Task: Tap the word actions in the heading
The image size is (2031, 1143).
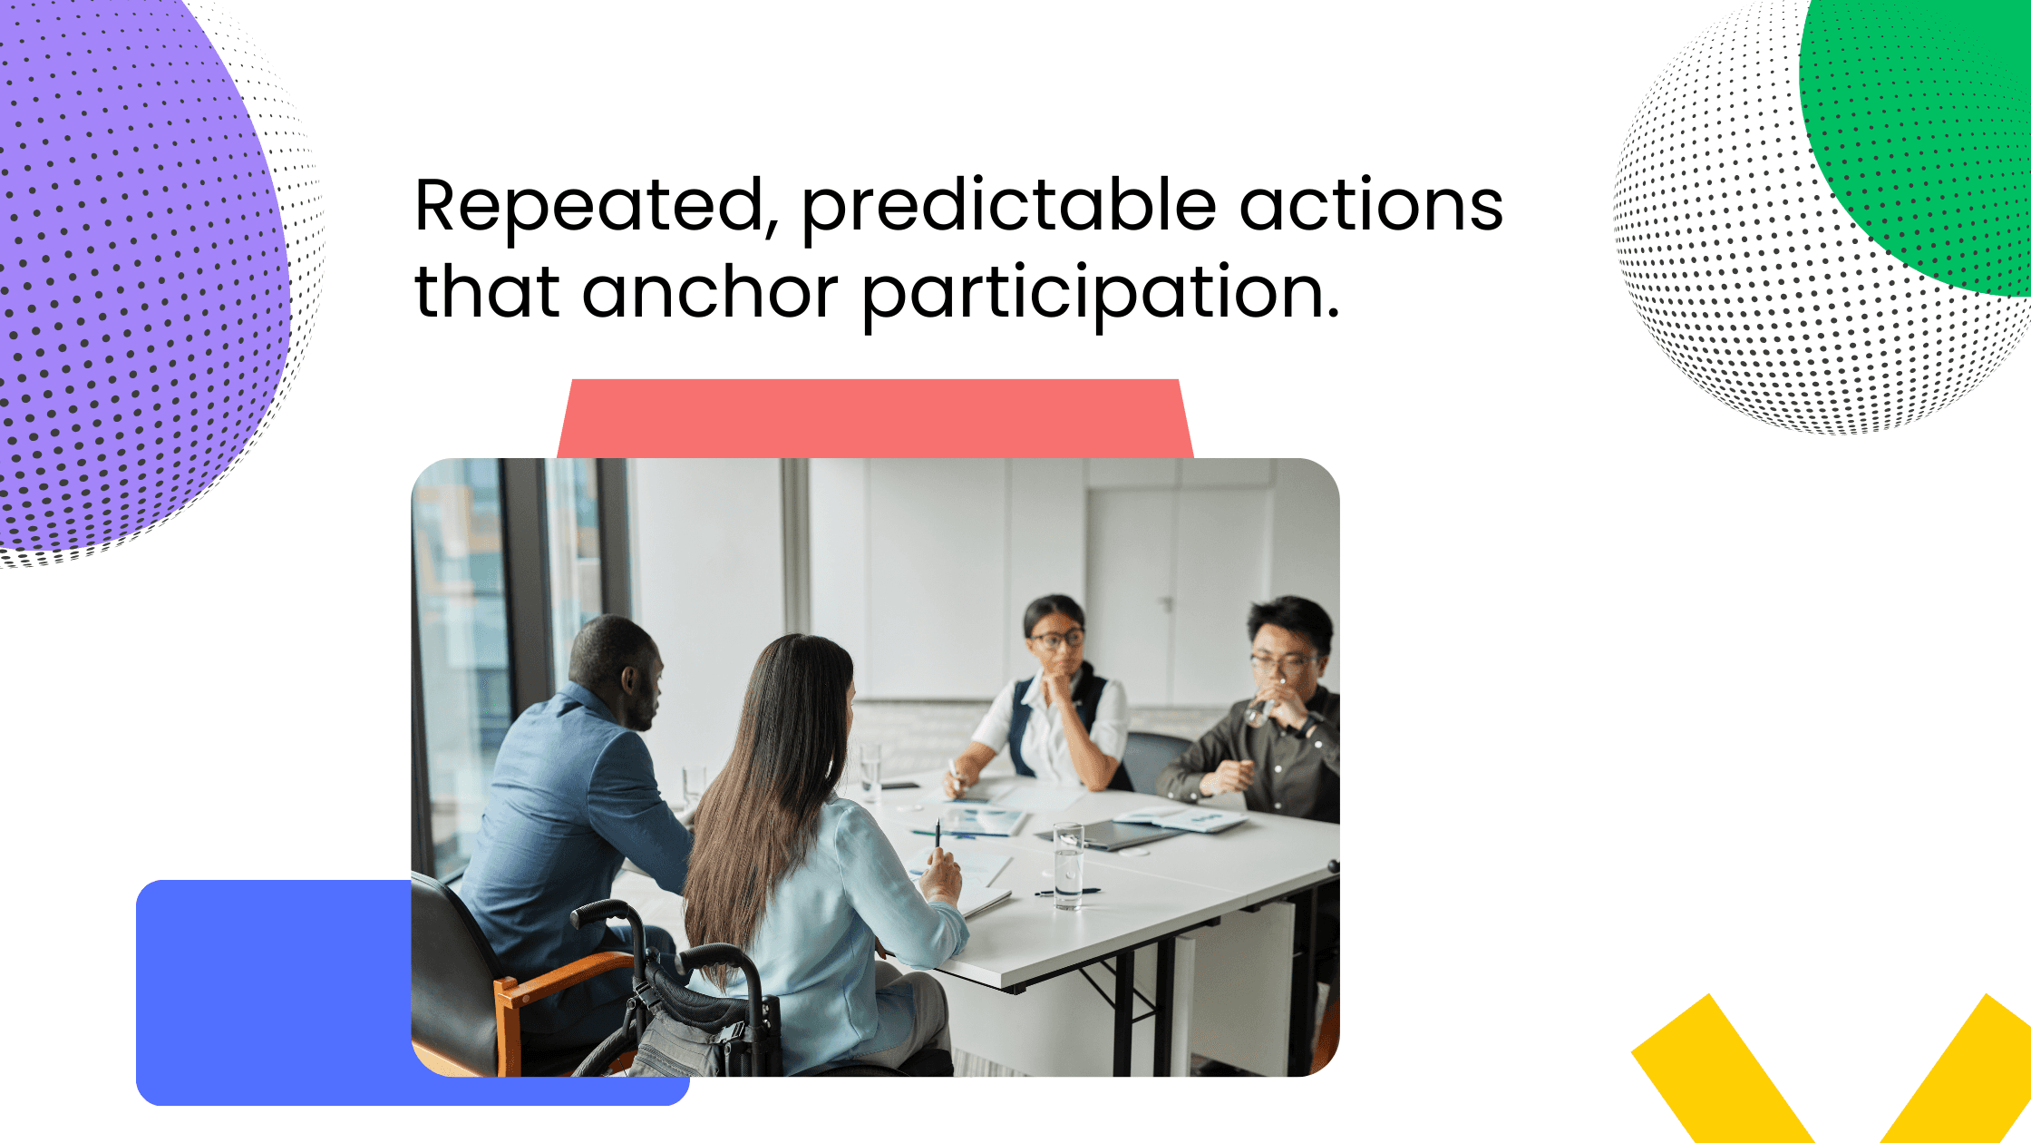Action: point(1371,207)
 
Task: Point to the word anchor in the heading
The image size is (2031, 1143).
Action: point(710,292)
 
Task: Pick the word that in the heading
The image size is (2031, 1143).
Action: point(487,292)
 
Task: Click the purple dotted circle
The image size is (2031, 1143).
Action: point(127,272)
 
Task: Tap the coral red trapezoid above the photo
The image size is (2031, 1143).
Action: point(875,417)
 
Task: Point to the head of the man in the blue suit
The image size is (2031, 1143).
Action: point(617,667)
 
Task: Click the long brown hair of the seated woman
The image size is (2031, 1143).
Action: point(771,780)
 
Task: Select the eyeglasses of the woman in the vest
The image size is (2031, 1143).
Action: point(1057,639)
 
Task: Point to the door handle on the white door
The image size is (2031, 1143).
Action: point(1167,602)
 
